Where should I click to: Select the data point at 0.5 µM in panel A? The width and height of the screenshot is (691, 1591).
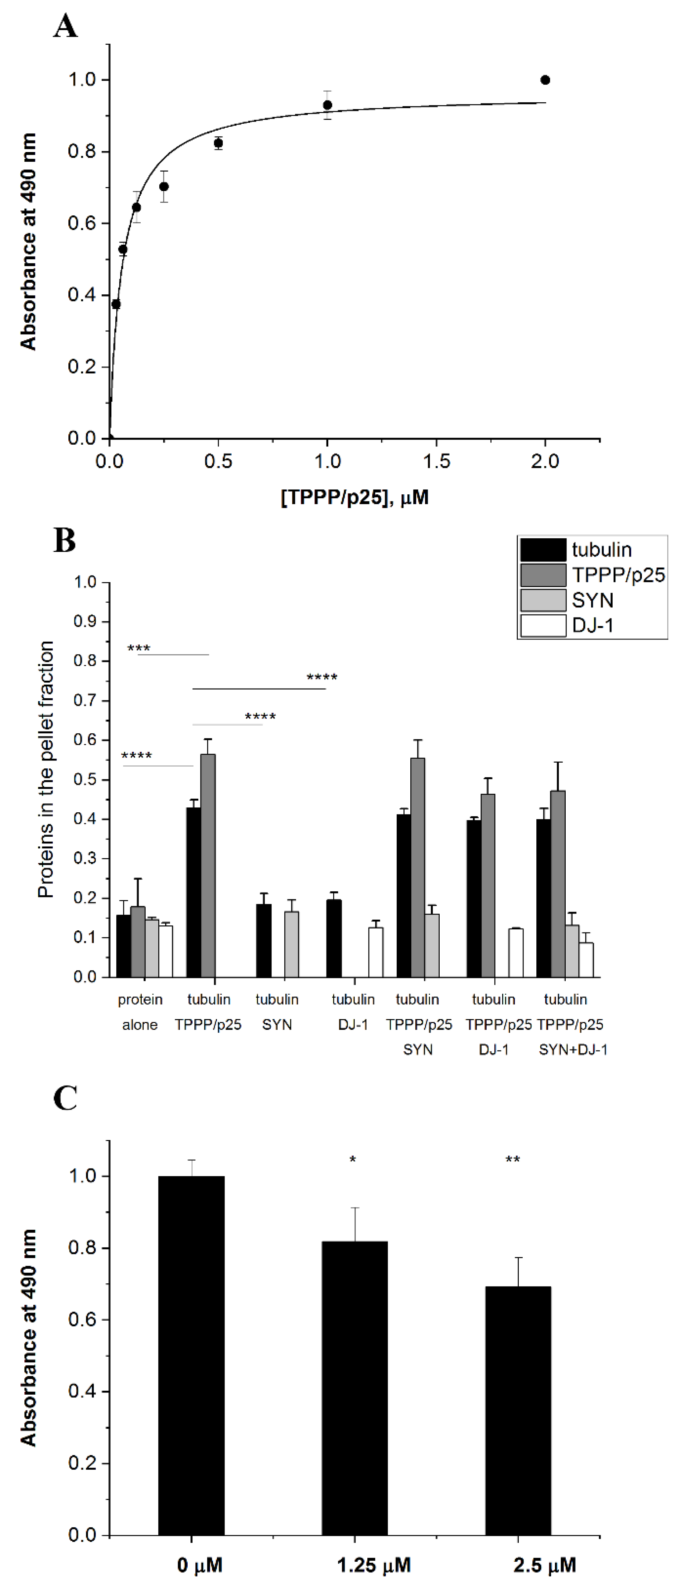tap(218, 143)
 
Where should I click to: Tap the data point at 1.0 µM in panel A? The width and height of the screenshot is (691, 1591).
tap(328, 105)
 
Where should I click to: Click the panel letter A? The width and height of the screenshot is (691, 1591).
tap(66, 26)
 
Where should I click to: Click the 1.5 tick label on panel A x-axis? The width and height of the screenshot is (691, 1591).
tap(436, 461)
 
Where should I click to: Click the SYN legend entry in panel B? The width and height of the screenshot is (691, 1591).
tap(592, 600)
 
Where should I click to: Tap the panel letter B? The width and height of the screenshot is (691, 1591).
tap(65, 540)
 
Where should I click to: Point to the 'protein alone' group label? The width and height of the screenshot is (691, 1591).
tap(140, 1012)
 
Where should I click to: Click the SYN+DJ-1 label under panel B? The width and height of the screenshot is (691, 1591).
tap(573, 1049)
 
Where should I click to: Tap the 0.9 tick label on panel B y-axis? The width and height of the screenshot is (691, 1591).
tap(85, 621)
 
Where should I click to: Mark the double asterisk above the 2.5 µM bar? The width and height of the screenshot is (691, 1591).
tap(512, 1159)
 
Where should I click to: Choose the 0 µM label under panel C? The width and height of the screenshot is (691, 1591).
tap(199, 1565)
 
